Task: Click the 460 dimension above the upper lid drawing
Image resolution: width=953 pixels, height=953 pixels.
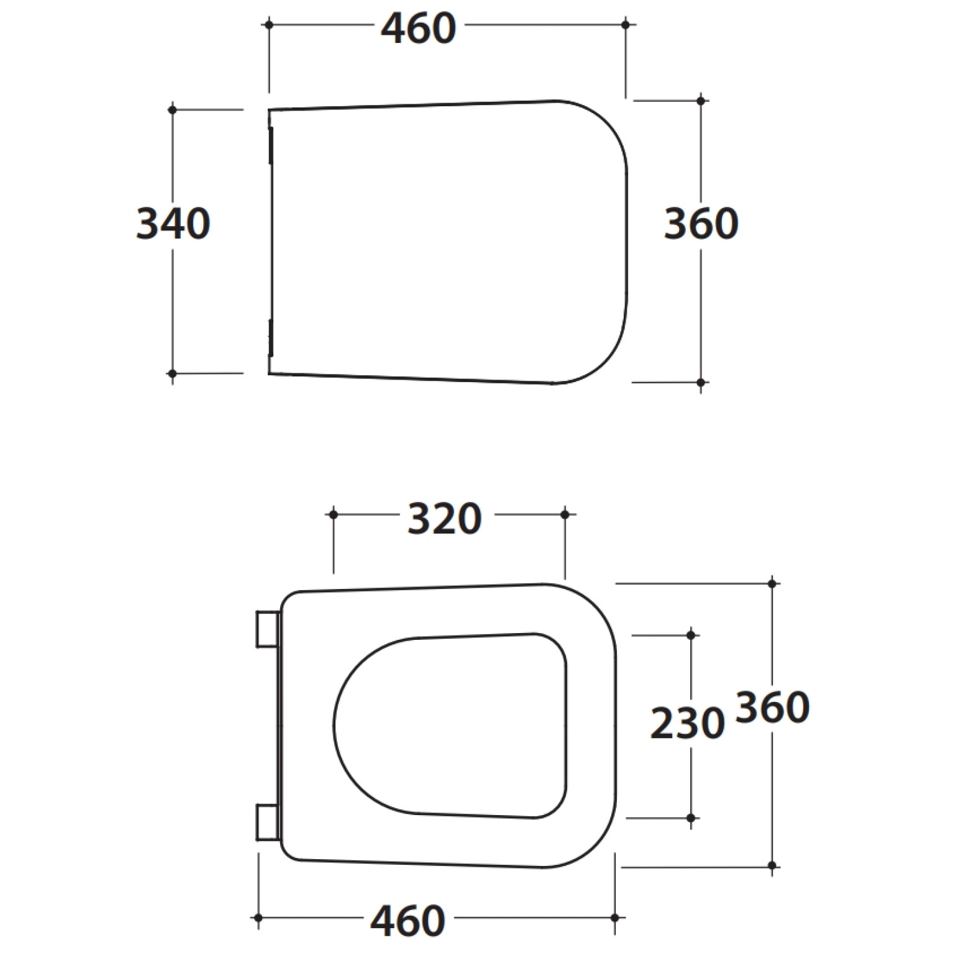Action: tap(418, 29)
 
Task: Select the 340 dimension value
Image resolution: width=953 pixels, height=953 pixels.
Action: tap(173, 224)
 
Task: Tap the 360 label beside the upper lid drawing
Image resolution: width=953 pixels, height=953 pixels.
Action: tap(701, 224)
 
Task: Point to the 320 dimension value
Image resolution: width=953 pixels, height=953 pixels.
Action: tap(445, 519)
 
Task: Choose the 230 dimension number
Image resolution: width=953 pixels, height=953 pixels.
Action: tap(688, 723)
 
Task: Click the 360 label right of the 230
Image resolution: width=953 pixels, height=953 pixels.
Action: tap(773, 707)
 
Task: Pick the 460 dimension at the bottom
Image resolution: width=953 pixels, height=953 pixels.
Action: tap(408, 921)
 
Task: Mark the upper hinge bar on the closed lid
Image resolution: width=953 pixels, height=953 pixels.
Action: tap(271, 145)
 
